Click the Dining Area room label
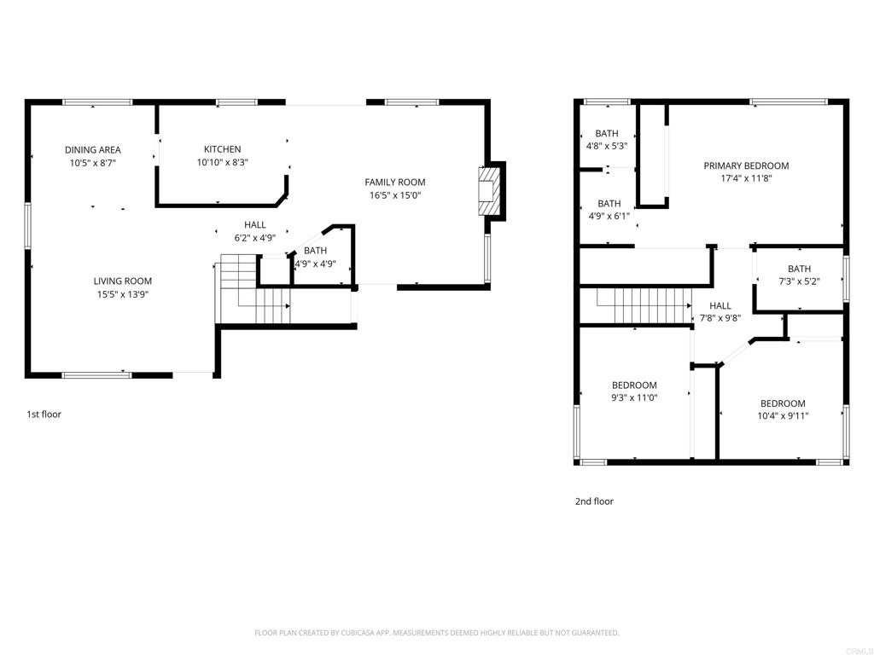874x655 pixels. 92,150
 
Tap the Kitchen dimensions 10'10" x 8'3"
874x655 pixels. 223,163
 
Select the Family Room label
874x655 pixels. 394,183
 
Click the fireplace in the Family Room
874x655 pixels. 487,191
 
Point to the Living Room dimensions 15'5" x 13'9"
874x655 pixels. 123,294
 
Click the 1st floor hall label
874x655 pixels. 254,225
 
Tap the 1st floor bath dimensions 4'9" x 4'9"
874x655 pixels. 315,264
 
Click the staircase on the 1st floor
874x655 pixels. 255,289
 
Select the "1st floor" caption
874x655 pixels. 44,414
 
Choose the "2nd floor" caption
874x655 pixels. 594,501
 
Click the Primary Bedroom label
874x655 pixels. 746,165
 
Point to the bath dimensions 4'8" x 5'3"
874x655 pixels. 607,146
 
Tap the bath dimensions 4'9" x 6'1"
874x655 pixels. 609,216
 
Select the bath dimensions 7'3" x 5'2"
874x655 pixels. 799,281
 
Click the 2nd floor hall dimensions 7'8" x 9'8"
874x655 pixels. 720,319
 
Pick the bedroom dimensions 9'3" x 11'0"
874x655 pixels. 634,397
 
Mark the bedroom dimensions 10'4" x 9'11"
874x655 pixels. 783,416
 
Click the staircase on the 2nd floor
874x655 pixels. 644,305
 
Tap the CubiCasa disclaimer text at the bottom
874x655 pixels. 436,633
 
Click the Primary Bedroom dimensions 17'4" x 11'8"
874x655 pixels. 746,178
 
